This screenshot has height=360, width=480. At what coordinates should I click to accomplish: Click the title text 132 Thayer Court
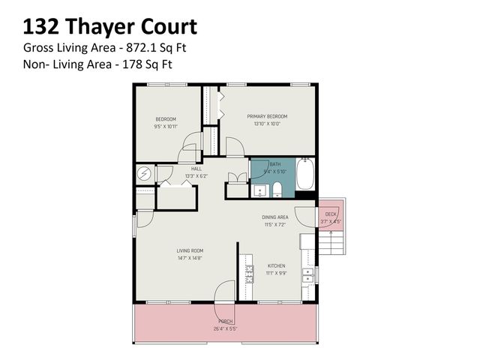[109, 28]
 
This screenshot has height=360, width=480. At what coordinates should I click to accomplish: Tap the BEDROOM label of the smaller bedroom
[166, 119]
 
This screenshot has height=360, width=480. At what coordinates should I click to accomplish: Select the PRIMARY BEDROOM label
[267, 116]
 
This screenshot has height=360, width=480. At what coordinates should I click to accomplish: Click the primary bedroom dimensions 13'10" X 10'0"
[267, 124]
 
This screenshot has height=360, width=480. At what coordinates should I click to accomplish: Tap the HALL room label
[196, 169]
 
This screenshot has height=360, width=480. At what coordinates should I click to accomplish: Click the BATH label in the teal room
[275, 164]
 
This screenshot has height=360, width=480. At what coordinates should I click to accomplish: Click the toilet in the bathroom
[277, 188]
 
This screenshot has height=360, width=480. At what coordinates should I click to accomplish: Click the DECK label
[331, 214]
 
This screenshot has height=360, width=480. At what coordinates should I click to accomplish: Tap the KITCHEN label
[277, 266]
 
